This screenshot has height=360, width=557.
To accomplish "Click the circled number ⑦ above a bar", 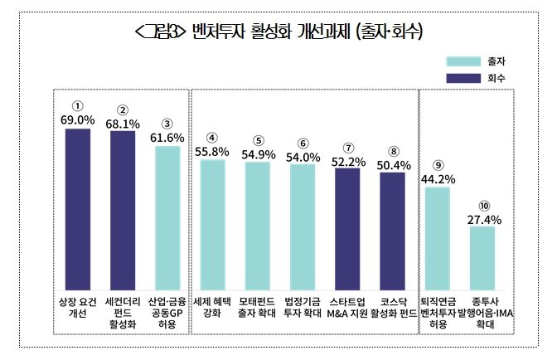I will pyautogui.click(x=348, y=147).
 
